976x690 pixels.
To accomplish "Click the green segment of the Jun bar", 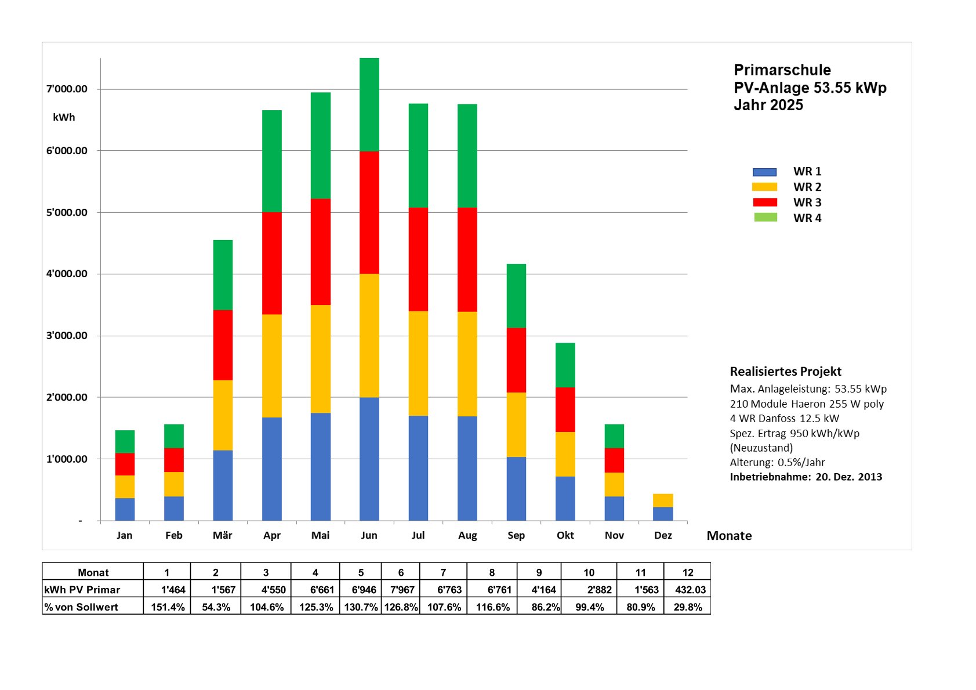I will click(x=369, y=104).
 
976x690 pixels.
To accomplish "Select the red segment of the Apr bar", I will click(x=271, y=263).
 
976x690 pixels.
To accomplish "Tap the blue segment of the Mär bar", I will click(x=223, y=485).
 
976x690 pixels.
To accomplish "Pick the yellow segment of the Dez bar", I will click(x=663, y=500).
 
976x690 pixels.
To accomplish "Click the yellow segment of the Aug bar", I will click(x=467, y=364).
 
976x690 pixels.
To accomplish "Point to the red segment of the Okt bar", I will click(x=565, y=409).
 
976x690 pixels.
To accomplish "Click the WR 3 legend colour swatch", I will click(x=764, y=202).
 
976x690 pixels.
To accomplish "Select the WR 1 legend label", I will click(x=807, y=172).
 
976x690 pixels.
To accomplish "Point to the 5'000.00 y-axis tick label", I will click(x=67, y=212).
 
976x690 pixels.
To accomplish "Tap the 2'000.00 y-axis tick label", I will click(x=67, y=397).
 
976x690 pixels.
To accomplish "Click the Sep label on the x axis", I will click(x=516, y=535).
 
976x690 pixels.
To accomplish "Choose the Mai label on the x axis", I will click(x=320, y=535).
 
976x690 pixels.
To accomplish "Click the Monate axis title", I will click(x=728, y=536).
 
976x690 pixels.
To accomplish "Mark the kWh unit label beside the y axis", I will click(x=64, y=117).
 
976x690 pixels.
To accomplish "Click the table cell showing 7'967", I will click(x=401, y=590).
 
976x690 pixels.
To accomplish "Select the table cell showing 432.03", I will click(x=690, y=590).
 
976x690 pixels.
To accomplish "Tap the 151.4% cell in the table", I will click(x=168, y=607).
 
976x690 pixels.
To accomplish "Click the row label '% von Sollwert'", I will click(x=81, y=607).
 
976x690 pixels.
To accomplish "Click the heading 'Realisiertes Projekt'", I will click(x=785, y=372).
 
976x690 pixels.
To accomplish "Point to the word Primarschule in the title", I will click(x=782, y=70).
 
